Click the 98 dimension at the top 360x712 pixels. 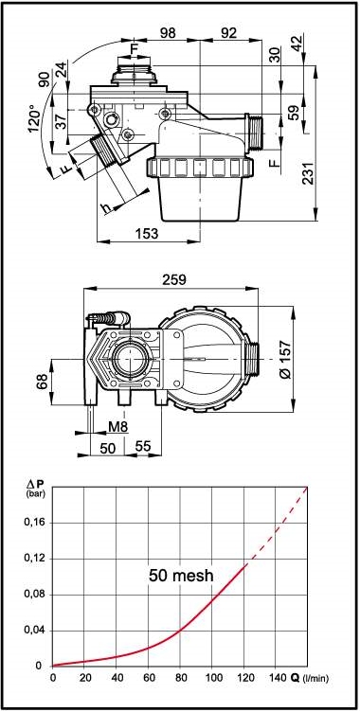pos(168,33)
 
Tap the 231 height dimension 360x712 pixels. pos(310,173)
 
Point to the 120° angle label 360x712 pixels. pos(34,118)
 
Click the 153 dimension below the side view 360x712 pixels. pos(147,234)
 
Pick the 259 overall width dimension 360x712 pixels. pos(173,280)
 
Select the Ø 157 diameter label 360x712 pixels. pos(286,359)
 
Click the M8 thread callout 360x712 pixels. pos(117,427)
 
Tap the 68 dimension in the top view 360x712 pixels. pos(42,382)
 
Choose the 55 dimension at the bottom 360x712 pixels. pos(143,447)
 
